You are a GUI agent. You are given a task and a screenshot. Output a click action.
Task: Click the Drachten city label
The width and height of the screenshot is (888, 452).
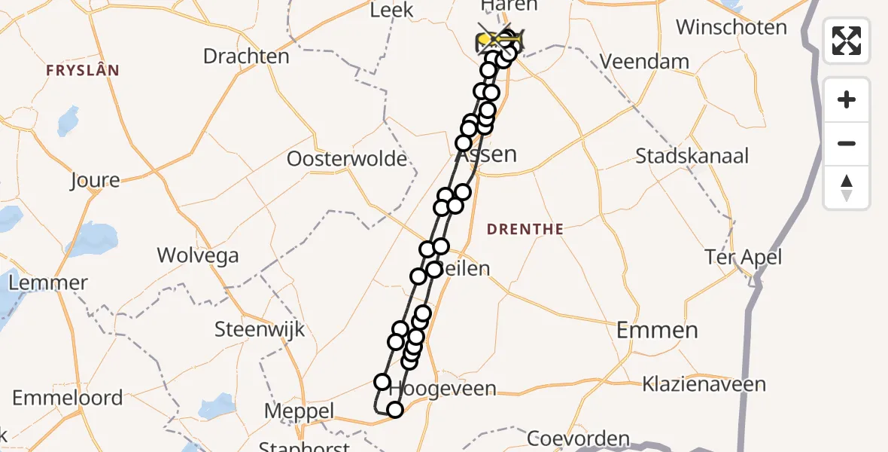246,56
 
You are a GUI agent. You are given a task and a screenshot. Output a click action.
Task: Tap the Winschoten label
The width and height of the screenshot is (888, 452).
731,28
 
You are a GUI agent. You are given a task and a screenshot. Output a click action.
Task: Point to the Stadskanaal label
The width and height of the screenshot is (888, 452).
692,156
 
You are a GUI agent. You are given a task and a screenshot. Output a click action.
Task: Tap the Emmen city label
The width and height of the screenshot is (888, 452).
657,329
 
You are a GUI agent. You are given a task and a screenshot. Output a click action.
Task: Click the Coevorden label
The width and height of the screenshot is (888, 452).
578,438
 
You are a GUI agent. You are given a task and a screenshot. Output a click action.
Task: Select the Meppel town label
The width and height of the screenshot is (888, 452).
299,411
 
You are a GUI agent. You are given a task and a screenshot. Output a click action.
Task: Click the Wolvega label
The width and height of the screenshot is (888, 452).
198,255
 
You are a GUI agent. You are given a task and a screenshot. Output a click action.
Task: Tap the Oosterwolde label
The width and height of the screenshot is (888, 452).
347,159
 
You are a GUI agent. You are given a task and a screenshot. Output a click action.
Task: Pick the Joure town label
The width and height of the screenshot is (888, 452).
95,180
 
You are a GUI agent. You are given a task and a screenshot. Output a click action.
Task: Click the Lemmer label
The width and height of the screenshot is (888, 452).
48,283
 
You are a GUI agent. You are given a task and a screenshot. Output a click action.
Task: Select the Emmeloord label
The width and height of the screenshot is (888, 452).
67,398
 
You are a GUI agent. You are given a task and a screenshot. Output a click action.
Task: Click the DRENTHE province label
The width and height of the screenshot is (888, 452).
525,229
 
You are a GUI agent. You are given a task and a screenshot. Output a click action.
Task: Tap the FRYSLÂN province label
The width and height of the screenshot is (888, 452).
83,70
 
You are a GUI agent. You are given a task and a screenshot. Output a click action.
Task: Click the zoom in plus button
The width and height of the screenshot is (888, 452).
847,99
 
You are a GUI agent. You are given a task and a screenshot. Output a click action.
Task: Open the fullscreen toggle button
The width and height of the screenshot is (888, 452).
847,41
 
